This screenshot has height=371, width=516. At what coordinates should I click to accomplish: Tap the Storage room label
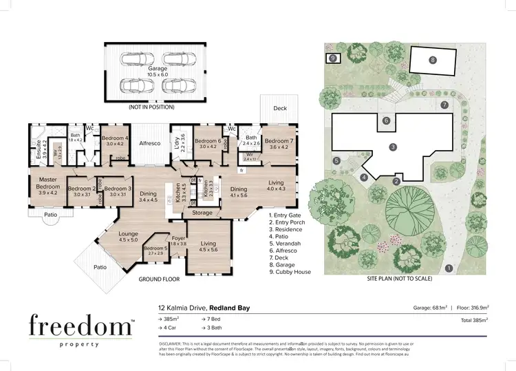pyautogui.click(x=203, y=213)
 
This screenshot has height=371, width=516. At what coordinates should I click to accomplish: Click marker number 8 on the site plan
pyautogui.click(x=432, y=60)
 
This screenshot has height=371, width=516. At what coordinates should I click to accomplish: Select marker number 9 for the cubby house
pyautogui.click(x=333, y=59)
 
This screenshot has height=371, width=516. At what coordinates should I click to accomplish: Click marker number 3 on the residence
pyautogui.click(x=391, y=147)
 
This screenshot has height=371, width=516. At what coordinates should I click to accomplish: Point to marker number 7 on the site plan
pyautogui.click(x=445, y=105)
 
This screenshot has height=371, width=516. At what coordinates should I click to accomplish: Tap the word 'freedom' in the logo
pyautogui.click(x=80, y=325)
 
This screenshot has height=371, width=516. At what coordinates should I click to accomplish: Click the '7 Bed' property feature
pyautogui.click(x=213, y=320)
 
